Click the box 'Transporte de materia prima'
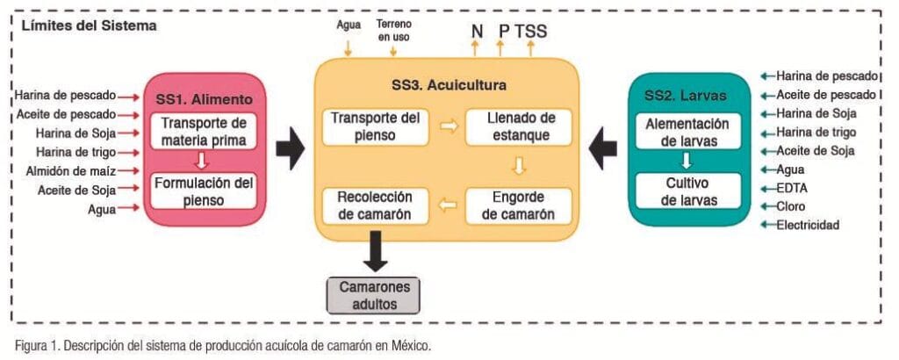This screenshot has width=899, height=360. pyautogui.click(x=204, y=132)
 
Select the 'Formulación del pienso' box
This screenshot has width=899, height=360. pyautogui.click(x=204, y=191)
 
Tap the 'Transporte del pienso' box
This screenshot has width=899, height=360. pyautogui.click(x=376, y=126)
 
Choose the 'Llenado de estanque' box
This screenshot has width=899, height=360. pyautogui.click(x=518, y=126)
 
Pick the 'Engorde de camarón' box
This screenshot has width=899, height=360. pyautogui.click(x=518, y=205)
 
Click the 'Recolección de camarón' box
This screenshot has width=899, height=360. pyautogui.click(x=376, y=205)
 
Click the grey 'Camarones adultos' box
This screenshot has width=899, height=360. pyautogui.click(x=372, y=295)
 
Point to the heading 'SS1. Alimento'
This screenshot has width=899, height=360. pyautogui.click(x=204, y=99)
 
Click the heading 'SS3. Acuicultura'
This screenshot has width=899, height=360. pyautogui.click(x=449, y=85)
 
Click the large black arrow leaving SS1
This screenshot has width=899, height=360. pyautogui.click(x=290, y=148)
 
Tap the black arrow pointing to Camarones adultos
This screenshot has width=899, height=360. pyautogui.click(x=376, y=251)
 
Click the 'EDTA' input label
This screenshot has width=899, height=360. pyautogui.click(x=791, y=188)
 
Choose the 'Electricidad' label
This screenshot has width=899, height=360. pyautogui.click(x=808, y=225)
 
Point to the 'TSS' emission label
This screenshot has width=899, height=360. pyautogui.click(x=530, y=32)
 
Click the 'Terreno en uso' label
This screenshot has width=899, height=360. pyautogui.click(x=393, y=31)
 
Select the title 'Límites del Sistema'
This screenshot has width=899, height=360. pyautogui.click(x=89, y=26)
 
